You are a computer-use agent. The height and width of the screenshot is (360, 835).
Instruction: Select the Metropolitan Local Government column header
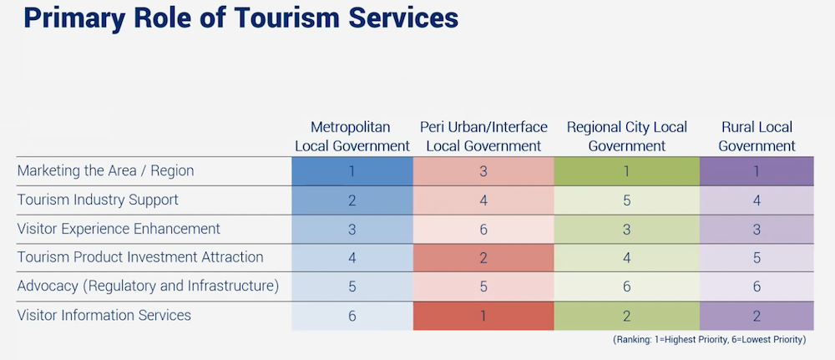[x=352, y=136]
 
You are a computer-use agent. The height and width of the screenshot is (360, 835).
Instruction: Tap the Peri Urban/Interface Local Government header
[x=483, y=136]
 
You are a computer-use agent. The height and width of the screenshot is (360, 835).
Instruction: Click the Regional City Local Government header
[x=626, y=136]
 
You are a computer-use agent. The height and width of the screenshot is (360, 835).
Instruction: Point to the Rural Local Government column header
[x=757, y=136]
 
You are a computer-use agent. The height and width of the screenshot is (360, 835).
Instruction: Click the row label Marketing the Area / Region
[x=105, y=171]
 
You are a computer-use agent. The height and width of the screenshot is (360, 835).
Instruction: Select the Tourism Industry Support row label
[x=98, y=200]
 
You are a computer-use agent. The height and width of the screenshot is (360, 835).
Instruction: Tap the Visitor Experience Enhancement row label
[x=119, y=228]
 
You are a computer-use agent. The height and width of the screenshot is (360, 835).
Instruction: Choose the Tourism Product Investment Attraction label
[x=140, y=257]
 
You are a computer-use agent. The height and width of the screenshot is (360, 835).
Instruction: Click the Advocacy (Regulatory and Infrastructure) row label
[x=148, y=286]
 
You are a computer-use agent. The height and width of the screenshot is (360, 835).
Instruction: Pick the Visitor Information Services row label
[x=104, y=315]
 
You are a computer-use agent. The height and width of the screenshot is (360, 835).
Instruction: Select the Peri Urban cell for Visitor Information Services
[x=483, y=316]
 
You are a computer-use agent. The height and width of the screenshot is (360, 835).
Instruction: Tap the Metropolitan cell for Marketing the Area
[x=352, y=171]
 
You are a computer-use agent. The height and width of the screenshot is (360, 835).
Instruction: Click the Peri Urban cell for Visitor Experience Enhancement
[x=483, y=229]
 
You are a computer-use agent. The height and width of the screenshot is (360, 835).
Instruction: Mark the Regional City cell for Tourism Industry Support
[x=626, y=200]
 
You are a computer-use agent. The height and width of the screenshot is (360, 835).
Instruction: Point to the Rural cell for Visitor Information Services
[x=757, y=316]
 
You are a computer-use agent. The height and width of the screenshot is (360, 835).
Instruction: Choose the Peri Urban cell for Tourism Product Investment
[x=483, y=258]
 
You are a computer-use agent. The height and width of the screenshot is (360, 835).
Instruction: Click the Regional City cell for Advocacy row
[x=626, y=286]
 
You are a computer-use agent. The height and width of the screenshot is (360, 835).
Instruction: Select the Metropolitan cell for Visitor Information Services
[x=352, y=316]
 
